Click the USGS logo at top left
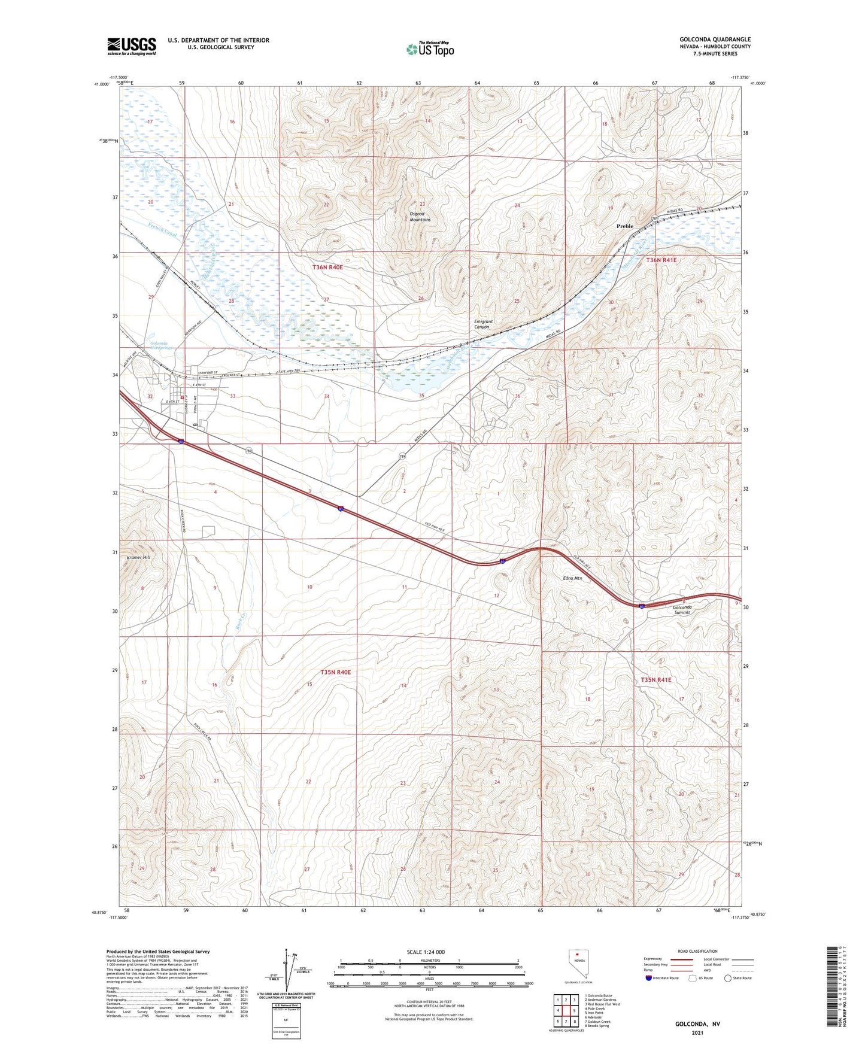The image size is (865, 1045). click(x=132, y=45)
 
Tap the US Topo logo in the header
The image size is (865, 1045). click(x=429, y=49)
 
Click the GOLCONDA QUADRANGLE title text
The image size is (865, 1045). click(x=715, y=40)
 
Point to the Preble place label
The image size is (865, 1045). click(x=625, y=226)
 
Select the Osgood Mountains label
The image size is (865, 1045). click(x=420, y=217)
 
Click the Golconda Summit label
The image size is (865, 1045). click(x=682, y=609)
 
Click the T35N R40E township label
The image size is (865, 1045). click(x=335, y=672)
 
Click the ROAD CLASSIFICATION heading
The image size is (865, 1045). click(x=698, y=951)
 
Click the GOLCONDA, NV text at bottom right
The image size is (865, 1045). click(x=697, y=1024)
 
